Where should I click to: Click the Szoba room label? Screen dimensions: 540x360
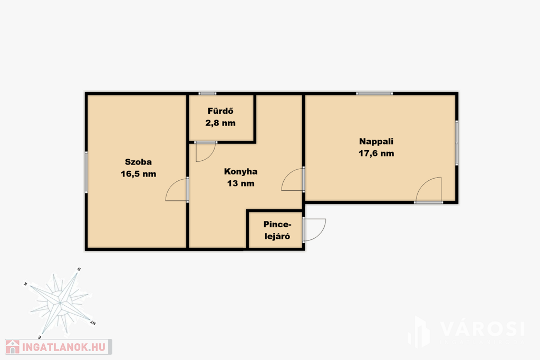[138, 162]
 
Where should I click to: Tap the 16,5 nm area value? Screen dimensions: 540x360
[138, 174]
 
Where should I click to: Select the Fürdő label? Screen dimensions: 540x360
[220, 111]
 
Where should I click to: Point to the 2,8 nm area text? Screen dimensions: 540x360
[220, 123]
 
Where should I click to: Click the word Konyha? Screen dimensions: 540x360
[240, 171]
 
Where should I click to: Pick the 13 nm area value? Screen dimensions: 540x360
[240, 183]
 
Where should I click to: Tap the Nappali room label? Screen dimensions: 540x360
[376, 141]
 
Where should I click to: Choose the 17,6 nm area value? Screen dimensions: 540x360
[376, 153]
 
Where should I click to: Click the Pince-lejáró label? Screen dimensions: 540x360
[277, 230]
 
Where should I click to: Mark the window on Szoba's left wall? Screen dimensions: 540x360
[86, 171]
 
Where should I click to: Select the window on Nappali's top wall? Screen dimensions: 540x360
[374, 93]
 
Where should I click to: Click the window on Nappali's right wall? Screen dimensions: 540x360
[457, 142]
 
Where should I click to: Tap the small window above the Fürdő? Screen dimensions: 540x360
[207, 93]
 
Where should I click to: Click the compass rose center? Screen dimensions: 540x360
[60, 303]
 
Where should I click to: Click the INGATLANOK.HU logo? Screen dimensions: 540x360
[59, 347]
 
